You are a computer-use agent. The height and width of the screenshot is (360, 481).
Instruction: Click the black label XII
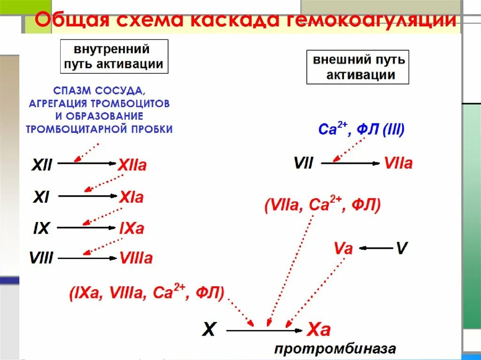coord(42,165)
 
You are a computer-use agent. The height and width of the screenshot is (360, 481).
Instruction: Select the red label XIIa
coord(132,165)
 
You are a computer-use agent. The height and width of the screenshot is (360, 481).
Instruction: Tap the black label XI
coord(41,197)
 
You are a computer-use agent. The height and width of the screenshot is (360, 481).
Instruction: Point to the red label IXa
coord(132,229)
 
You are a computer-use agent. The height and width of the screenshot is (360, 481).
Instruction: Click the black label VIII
coord(41,258)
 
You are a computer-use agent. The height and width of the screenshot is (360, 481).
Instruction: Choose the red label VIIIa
coord(136,258)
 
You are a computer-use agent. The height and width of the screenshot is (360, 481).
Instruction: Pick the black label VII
coord(303,163)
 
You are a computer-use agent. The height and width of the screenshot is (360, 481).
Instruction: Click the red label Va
coord(343,248)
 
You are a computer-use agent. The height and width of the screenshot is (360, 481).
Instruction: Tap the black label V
coord(401,248)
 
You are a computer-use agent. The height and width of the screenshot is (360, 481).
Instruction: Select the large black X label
coord(209,330)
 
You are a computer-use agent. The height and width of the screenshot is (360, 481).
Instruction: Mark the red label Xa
coord(318,330)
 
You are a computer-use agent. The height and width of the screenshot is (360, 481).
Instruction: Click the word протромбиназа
coord(335,349)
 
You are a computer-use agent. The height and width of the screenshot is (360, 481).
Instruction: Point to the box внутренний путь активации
coord(114,56)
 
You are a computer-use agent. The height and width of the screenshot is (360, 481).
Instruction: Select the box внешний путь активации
coord(358,67)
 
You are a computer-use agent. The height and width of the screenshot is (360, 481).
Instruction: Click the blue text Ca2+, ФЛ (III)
coord(361,129)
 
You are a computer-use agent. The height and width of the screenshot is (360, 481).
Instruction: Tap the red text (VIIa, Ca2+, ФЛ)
coord(322,206)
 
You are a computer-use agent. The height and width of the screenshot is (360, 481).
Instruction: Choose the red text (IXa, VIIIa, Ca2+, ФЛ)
coord(147,293)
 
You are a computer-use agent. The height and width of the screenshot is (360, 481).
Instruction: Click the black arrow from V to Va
coord(378,247)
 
